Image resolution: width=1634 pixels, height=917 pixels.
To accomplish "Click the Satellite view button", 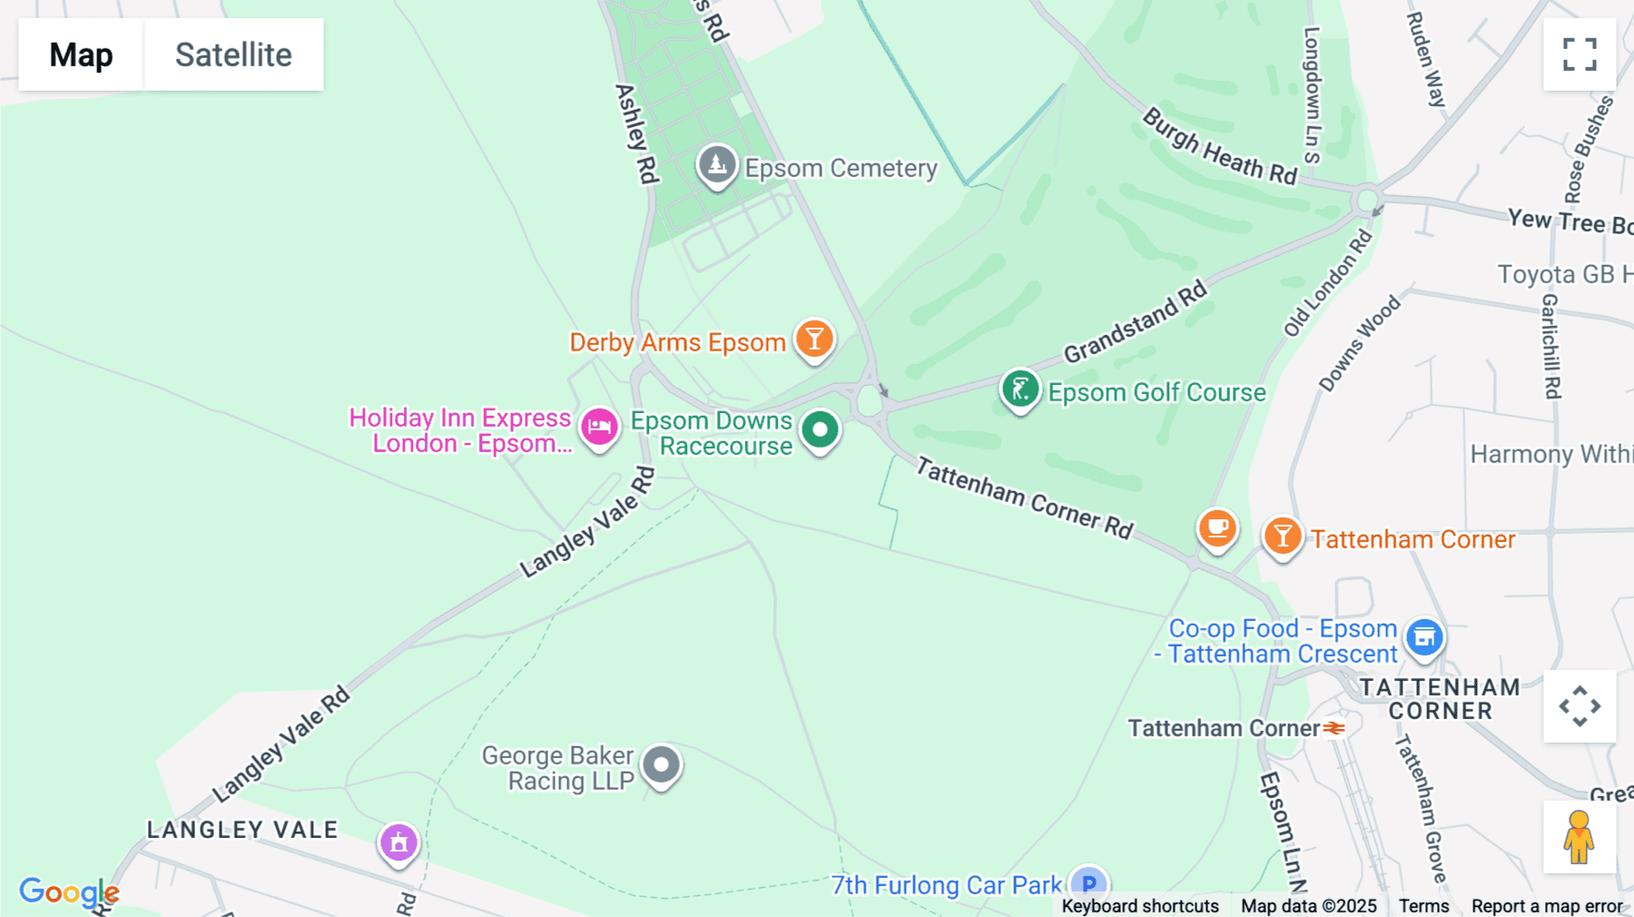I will [233, 54].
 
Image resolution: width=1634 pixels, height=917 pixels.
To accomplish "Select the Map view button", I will [81, 54].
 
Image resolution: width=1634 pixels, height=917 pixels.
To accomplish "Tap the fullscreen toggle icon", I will [1580, 54].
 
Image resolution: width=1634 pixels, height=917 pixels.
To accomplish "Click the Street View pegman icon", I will [1579, 837].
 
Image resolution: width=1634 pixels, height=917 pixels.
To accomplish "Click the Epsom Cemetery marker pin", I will [717, 165].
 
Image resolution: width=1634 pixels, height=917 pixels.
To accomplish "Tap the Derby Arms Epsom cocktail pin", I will [814, 340].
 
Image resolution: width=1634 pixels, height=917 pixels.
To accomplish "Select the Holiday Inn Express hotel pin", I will [599, 427].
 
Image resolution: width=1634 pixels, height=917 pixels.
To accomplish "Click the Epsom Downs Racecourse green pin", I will [821, 429].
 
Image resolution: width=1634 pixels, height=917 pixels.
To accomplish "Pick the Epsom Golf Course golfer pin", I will [1019, 389].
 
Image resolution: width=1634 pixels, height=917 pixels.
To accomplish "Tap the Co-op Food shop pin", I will [1424, 637].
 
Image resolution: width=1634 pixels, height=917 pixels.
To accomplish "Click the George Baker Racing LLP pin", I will [661, 765].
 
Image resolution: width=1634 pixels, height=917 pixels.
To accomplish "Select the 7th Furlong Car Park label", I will [946, 885].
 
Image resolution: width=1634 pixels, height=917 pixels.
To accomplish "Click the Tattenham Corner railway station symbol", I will [1334, 728].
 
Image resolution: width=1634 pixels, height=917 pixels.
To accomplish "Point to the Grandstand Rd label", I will [1136, 322].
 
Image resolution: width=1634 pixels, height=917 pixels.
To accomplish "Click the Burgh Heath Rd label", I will [1219, 148].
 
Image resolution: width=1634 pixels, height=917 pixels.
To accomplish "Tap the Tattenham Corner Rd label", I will [1024, 498].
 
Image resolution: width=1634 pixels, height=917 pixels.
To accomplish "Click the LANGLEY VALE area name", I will [242, 830].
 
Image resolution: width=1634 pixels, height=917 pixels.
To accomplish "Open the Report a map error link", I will [1547, 906].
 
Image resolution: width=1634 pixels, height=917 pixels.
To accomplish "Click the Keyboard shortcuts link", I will [1140, 906].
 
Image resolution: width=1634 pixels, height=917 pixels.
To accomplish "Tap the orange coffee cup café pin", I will [1217, 528].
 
